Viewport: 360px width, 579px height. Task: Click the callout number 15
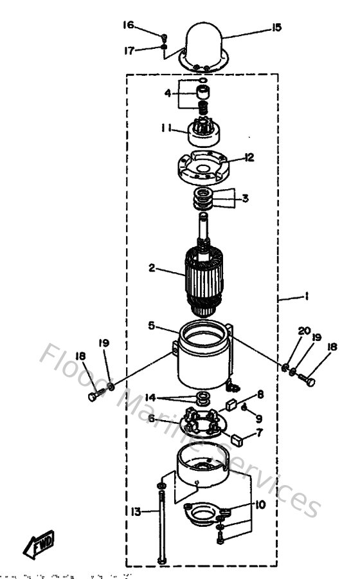[276, 27]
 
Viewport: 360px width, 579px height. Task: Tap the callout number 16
[129, 25]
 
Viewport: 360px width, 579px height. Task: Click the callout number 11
[166, 129]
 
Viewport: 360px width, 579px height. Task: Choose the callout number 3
[244, 198]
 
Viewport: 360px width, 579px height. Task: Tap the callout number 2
[152, 268]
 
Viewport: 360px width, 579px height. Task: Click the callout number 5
[152, 326]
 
